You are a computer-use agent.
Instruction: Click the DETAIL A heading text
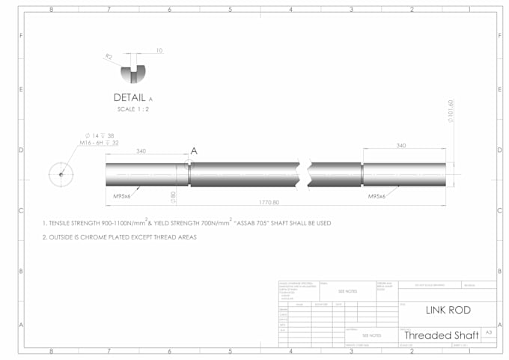tap(132, 98)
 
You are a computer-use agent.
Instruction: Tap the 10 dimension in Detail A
tap(159, 51)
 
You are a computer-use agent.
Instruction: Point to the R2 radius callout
tap(109, 56)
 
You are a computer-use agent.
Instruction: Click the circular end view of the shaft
tap(61, 174)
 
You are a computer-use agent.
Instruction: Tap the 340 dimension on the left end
tap(141, 150)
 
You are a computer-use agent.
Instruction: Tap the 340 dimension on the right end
tap(401, 145)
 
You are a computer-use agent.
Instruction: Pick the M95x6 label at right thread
tap(377, 196)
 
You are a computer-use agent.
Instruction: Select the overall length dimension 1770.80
tap(269, 202)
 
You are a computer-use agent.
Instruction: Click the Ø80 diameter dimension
tap(173, 197)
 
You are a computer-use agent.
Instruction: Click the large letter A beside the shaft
tap(194, 150)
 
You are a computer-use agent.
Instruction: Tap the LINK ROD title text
tap(447, 310)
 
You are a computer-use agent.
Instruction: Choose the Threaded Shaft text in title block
tap(441, 335)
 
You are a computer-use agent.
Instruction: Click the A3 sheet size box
tap(489, 332)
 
